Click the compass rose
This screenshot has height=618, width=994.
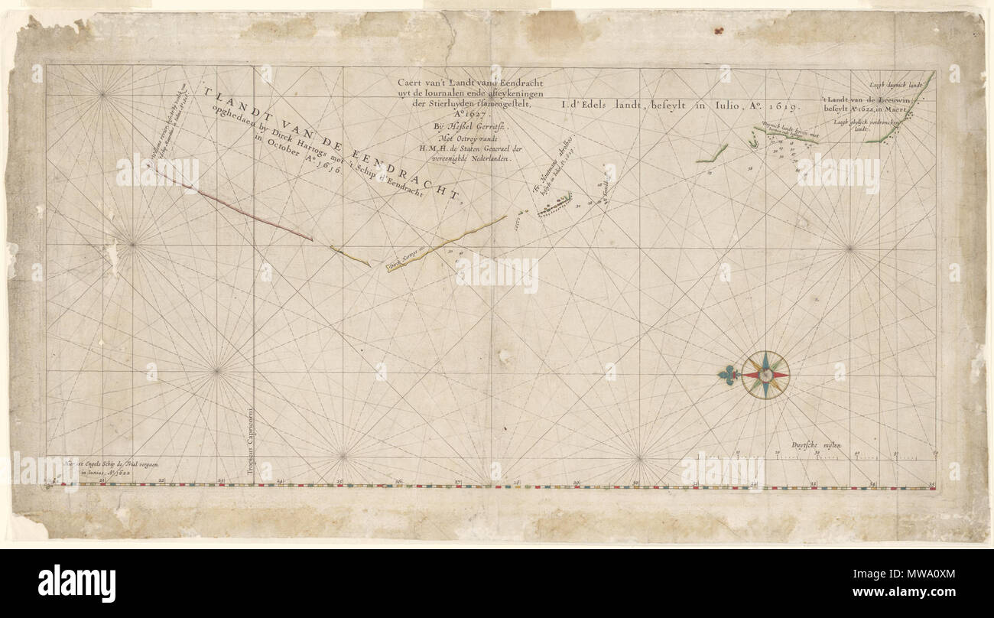click(765, 375)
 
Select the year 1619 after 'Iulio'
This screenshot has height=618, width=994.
click(777, 108)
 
